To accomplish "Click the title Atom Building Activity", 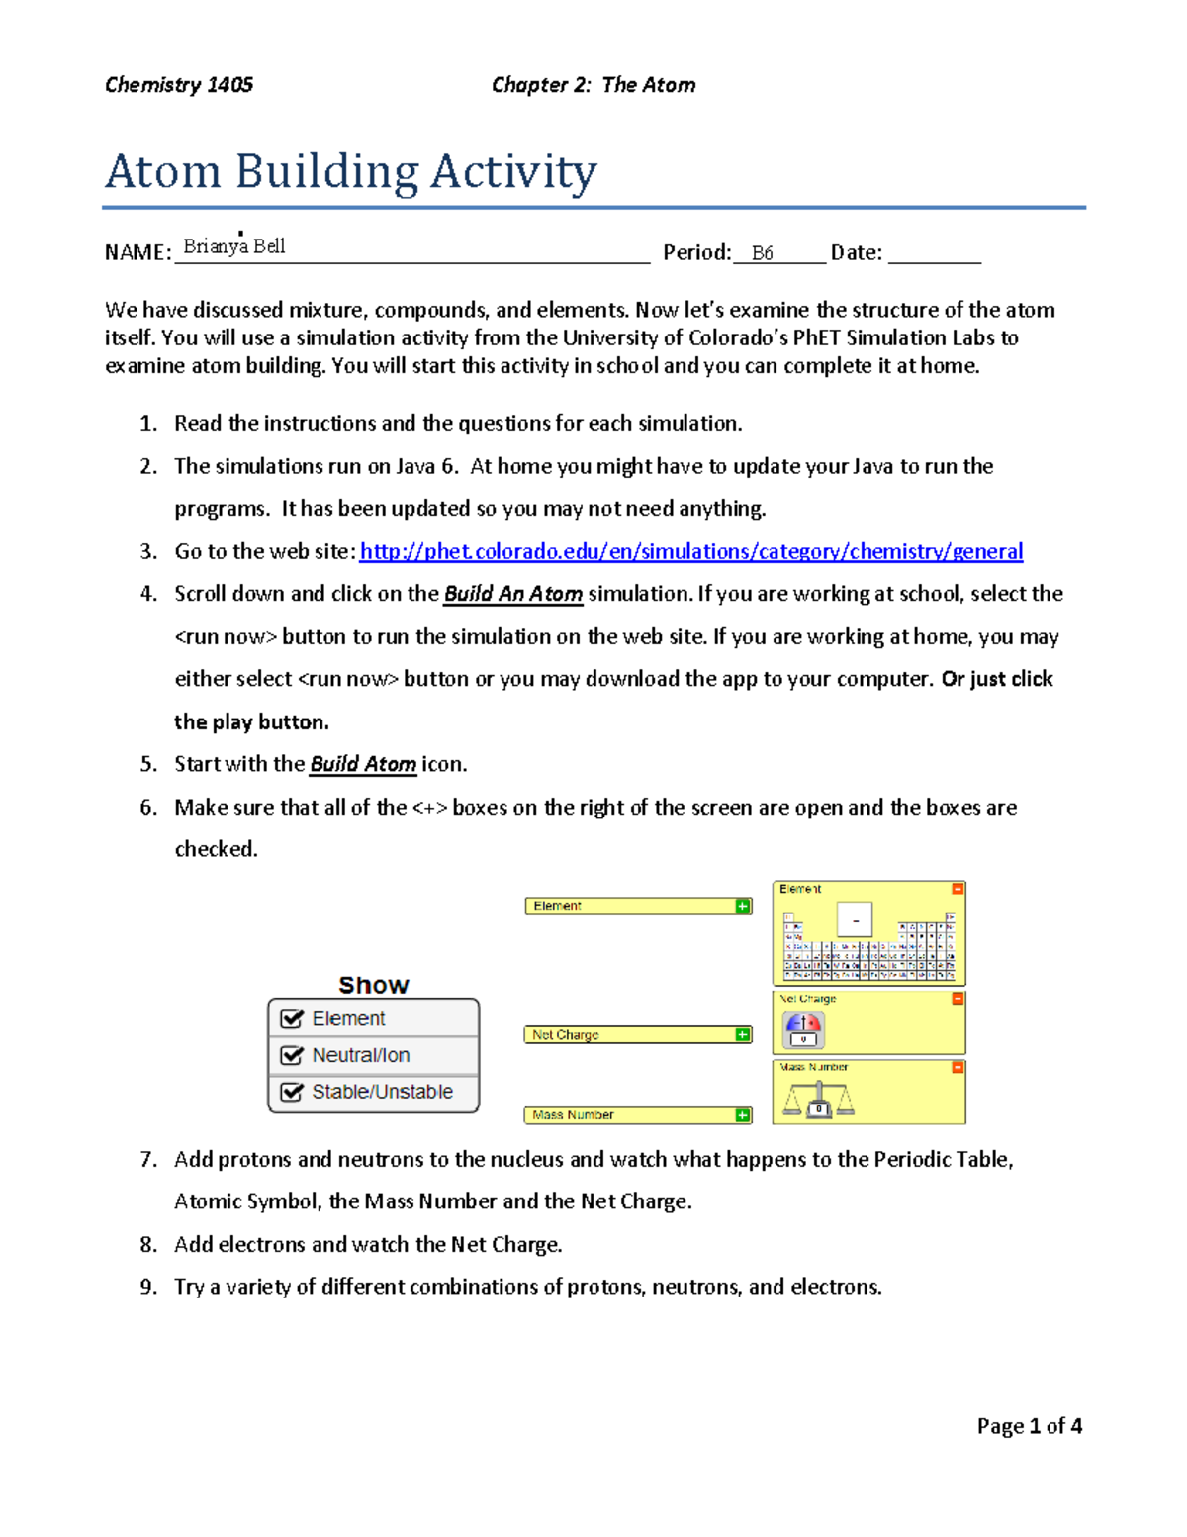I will click(x=351, y=172).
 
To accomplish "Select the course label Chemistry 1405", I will click(x=179, y=85).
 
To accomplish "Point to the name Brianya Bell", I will click(x=234, y=246).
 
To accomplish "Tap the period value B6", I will click(x=762, y=253).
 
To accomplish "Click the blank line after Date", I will click(x=934, y=254).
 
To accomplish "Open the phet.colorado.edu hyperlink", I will click(x=690, y=551).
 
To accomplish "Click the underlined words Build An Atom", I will click(x=512, y=594).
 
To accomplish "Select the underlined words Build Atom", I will click(x=363, y=764).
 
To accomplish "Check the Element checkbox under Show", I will click(x=292, y=1018).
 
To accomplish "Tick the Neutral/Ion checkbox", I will click(x=292, y=1055).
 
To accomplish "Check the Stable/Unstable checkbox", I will click(x=292, y=1092).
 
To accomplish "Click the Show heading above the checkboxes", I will click(x=373, y=985).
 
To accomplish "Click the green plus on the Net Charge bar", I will click(x=743, y=1035).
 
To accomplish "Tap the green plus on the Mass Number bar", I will click(x=743, y=1115).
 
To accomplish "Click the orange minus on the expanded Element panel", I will click(x=957, y=889).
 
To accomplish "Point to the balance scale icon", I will click(x=817, y=1100).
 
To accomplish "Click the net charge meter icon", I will click(x=803, y=1029).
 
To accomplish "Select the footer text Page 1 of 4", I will click(x=1029, y=1426).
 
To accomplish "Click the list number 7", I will click(x=148, y=1159).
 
